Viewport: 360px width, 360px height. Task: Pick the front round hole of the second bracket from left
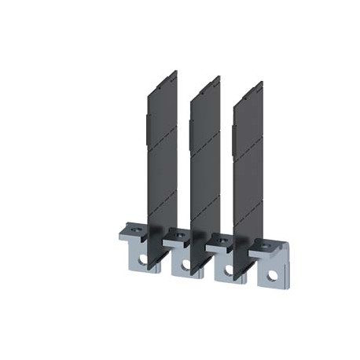[x=186, y=265]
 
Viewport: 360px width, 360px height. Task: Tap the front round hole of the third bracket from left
[x=229, y=270]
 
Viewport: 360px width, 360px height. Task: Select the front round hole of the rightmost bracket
[x=273, y=274]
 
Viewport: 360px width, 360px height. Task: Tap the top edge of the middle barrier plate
[x=207, y=79]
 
